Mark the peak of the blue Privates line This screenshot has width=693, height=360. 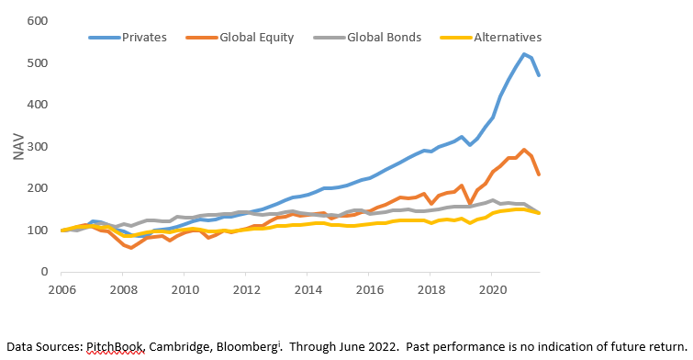click(x=524, y=54)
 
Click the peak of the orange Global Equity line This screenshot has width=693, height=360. click(x=524, y=150)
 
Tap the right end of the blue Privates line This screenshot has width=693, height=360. click(x=538, y=75)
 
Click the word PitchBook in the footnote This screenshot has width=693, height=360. click(x=115, y=347)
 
